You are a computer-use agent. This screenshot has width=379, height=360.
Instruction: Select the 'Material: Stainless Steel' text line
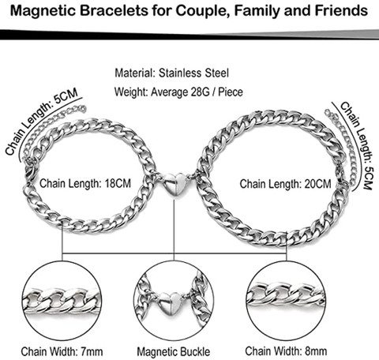[x=171, y=73]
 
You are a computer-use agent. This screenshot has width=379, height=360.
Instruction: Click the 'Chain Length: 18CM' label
[x=85, y=183]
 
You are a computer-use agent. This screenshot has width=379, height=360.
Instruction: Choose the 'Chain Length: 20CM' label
[x=285, y=183]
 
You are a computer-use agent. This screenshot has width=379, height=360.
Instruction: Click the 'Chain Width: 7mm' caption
[x=62, y=351]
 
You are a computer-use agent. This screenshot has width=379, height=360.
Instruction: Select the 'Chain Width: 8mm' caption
[x=286, y=351]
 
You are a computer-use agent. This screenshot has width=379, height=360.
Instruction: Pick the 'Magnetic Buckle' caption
[x=174, y=352]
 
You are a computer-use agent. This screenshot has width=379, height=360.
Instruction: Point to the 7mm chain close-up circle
[x=23, y=301]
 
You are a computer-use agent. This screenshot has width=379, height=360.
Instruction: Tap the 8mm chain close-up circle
[x=246, y=301]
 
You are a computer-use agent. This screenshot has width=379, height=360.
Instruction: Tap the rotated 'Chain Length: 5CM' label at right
[x=358, y=145]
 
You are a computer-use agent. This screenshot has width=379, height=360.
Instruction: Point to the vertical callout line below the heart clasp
[x=174, y=225]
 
